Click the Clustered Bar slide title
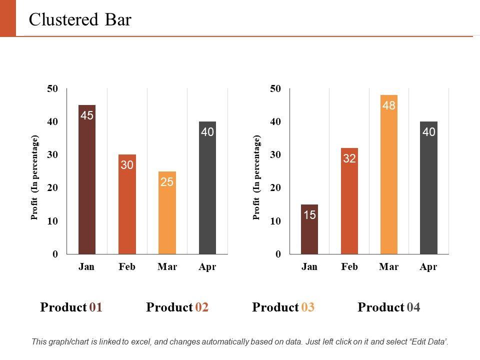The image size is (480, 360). point(80,19)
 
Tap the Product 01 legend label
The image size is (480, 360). point(71,307)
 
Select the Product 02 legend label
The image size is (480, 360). point(177,307)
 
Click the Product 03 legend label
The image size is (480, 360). point(283,307)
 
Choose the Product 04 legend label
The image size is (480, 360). point(389,307)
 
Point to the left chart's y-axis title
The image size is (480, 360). point(34,177)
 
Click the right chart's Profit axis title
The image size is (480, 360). point(257,177)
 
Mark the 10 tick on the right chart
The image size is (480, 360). point(275,221)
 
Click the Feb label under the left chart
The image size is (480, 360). point(127,267)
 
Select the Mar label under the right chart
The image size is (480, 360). point(389,267)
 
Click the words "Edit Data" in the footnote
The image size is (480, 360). point(429,342)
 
